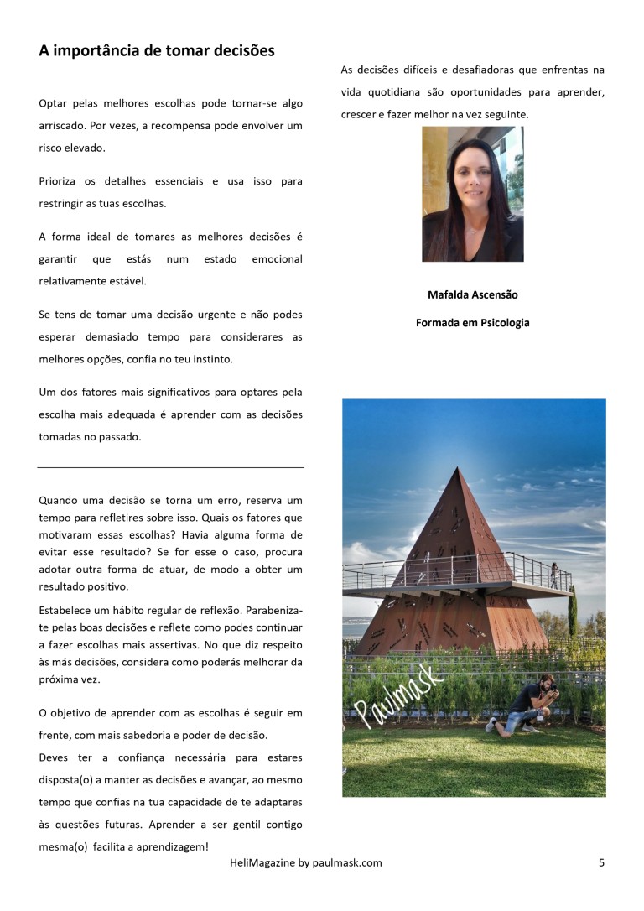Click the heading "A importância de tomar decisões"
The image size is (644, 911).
coord(156,51)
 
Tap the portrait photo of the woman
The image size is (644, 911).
coord(472,194)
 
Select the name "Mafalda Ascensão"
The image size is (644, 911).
coord(472,295)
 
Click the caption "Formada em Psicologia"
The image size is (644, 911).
coord(472,322)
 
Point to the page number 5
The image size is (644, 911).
coord(601,862)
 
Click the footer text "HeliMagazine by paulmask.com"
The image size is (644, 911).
coord(305,862)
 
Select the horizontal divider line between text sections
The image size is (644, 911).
coord(171,466)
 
